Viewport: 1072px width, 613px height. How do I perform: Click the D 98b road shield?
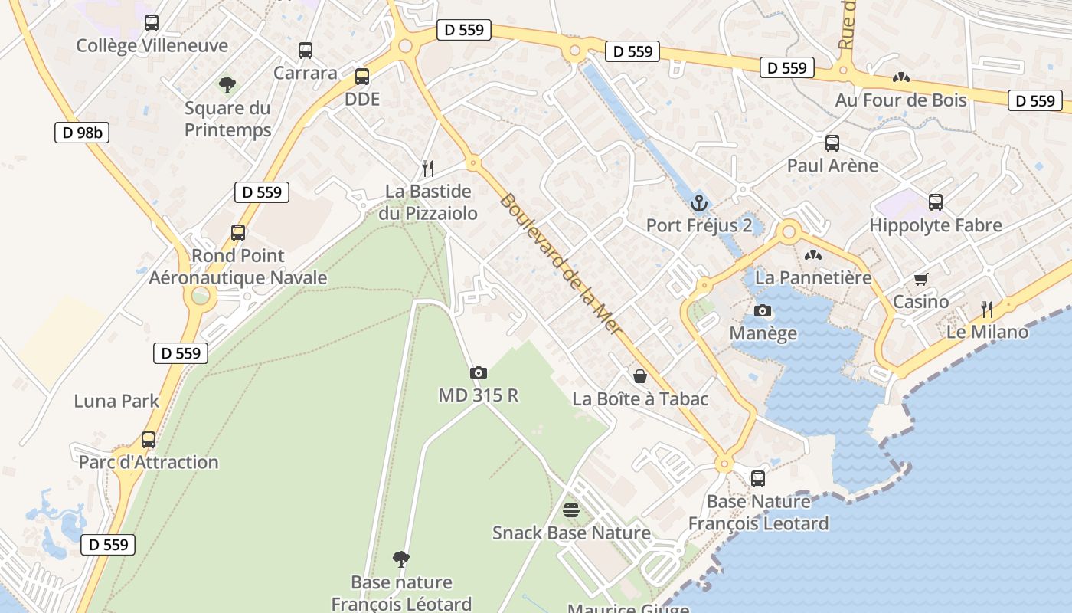[82, 133]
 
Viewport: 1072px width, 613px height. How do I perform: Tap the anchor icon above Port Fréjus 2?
[698, 203]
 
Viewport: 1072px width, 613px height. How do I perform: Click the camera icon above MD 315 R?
[479, 372]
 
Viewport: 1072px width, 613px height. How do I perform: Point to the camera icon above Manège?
[763, 310]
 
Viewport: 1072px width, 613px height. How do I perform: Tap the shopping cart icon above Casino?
[920, 280]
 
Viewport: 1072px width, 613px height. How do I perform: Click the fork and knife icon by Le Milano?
[987, 310]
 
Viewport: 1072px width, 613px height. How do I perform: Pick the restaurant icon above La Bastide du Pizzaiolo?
[428, 168]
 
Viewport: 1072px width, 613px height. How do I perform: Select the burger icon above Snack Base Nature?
[571, 510]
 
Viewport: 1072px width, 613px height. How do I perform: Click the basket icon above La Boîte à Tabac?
[640, 376]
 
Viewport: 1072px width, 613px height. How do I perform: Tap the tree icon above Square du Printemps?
[227, 84]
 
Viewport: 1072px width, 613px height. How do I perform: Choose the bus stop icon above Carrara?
[306, 51]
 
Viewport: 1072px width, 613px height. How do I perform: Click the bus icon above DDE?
[362, 77]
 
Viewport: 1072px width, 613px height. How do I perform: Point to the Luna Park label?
[116, 401]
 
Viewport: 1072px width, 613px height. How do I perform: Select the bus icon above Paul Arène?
[832, 143]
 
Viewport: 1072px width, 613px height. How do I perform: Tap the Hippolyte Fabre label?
[936, 225]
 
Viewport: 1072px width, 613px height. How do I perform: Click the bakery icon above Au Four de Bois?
[900, 77]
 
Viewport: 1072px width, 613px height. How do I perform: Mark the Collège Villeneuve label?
[152, 45]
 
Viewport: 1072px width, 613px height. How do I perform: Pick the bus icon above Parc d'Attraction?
[149, 440]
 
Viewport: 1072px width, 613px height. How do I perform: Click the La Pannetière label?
[813, 277]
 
